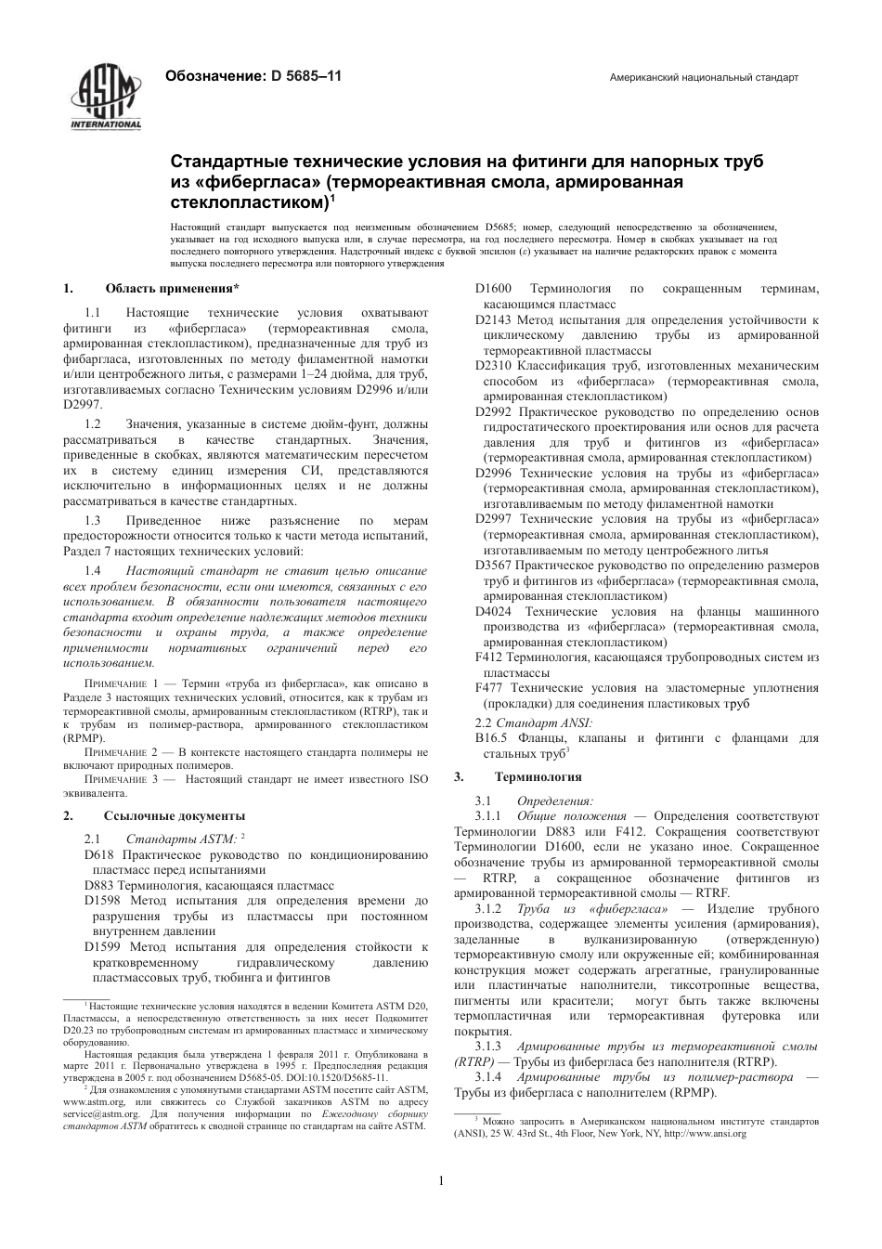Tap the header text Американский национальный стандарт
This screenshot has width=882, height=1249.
click(704, 78)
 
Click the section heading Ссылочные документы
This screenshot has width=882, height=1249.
click(175, 815)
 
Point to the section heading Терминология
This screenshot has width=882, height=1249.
click(538, 776)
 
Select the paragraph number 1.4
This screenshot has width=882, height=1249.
click(93, 570)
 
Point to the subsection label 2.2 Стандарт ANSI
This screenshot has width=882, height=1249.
click(534, 722)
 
